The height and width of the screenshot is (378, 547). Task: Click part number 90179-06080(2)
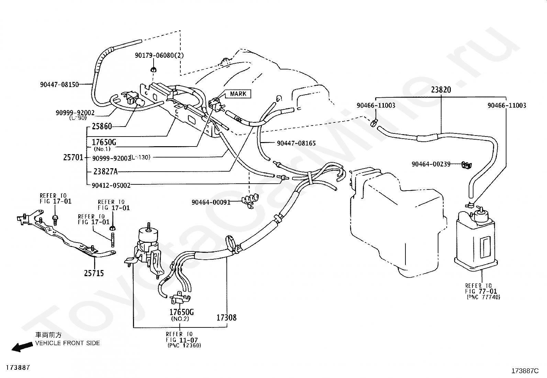click(159, 55)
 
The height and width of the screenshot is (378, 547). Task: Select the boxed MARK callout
click(238, 94)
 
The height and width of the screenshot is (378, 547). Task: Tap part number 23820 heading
click(441, 90)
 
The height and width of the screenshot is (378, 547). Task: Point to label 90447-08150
click(59, 85)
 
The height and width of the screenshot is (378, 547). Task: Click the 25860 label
click(102, 127)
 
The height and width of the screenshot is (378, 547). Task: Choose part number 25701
click(73, 157)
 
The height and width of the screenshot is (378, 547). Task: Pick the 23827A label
click(105, 172)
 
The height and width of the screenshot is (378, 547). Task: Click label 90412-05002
click(111, 186)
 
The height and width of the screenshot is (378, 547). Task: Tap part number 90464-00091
click(211, 202)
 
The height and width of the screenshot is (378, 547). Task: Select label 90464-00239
click(431, 164)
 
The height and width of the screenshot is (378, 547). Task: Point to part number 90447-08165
click(296, 143)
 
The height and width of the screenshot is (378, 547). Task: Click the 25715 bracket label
click(94, 273)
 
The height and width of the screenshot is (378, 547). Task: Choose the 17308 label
click(227, 317)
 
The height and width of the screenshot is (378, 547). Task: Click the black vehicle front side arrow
click(22, 347)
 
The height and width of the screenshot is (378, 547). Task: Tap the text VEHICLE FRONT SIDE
click(67, 343)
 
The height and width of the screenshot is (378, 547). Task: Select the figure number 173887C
click(525, 371)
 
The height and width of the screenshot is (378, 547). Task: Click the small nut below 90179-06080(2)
click(153, 70)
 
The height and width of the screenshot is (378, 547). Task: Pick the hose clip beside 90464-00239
click(466, 165)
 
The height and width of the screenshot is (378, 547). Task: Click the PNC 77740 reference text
click(483, 297)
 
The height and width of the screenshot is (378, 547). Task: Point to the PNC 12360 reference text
click(185, 345)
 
